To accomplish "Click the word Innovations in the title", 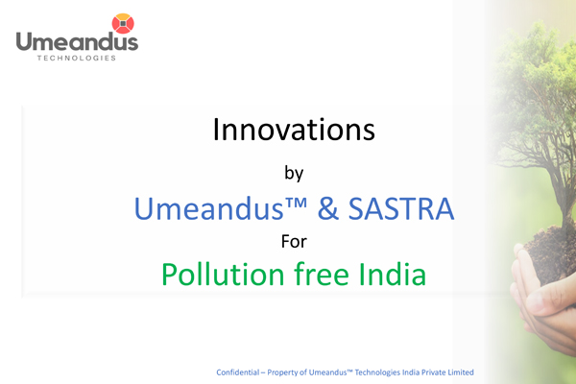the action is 294,130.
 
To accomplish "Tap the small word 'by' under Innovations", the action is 294,174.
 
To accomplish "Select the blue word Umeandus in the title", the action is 208,208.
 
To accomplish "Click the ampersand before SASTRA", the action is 328,208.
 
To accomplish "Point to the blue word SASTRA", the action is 400,208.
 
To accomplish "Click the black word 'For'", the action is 294,242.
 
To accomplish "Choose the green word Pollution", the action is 223,275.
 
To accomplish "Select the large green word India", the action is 393,275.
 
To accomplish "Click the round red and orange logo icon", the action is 123,23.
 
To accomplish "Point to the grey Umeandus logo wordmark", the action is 77,42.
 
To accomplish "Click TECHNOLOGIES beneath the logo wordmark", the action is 77,58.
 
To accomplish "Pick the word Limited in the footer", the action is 464,372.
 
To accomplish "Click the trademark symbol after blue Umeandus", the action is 296,203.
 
